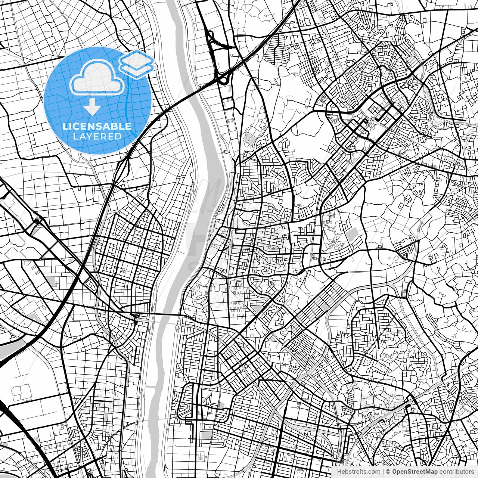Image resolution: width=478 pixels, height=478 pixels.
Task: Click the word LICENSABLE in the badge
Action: click(x=97, y=126)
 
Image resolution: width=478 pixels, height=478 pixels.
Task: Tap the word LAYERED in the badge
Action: click(x=97, y=136)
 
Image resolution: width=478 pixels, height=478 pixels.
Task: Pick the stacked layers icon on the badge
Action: click(x=137, y=63)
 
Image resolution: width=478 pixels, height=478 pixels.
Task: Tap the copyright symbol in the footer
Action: click(x=388, y=472)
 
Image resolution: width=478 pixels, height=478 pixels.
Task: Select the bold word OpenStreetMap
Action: click(x=414, y=472)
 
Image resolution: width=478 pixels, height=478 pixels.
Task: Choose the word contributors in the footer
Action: click(x=456, y=472)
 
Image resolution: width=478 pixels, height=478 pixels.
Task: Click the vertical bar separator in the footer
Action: click(x=383, y=472)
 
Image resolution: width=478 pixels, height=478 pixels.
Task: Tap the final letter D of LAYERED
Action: click(x=119, y=136)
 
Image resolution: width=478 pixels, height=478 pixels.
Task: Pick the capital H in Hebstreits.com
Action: click(x=339, y=472)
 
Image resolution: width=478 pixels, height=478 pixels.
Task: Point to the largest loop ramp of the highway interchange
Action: click(x=224, y=79)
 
